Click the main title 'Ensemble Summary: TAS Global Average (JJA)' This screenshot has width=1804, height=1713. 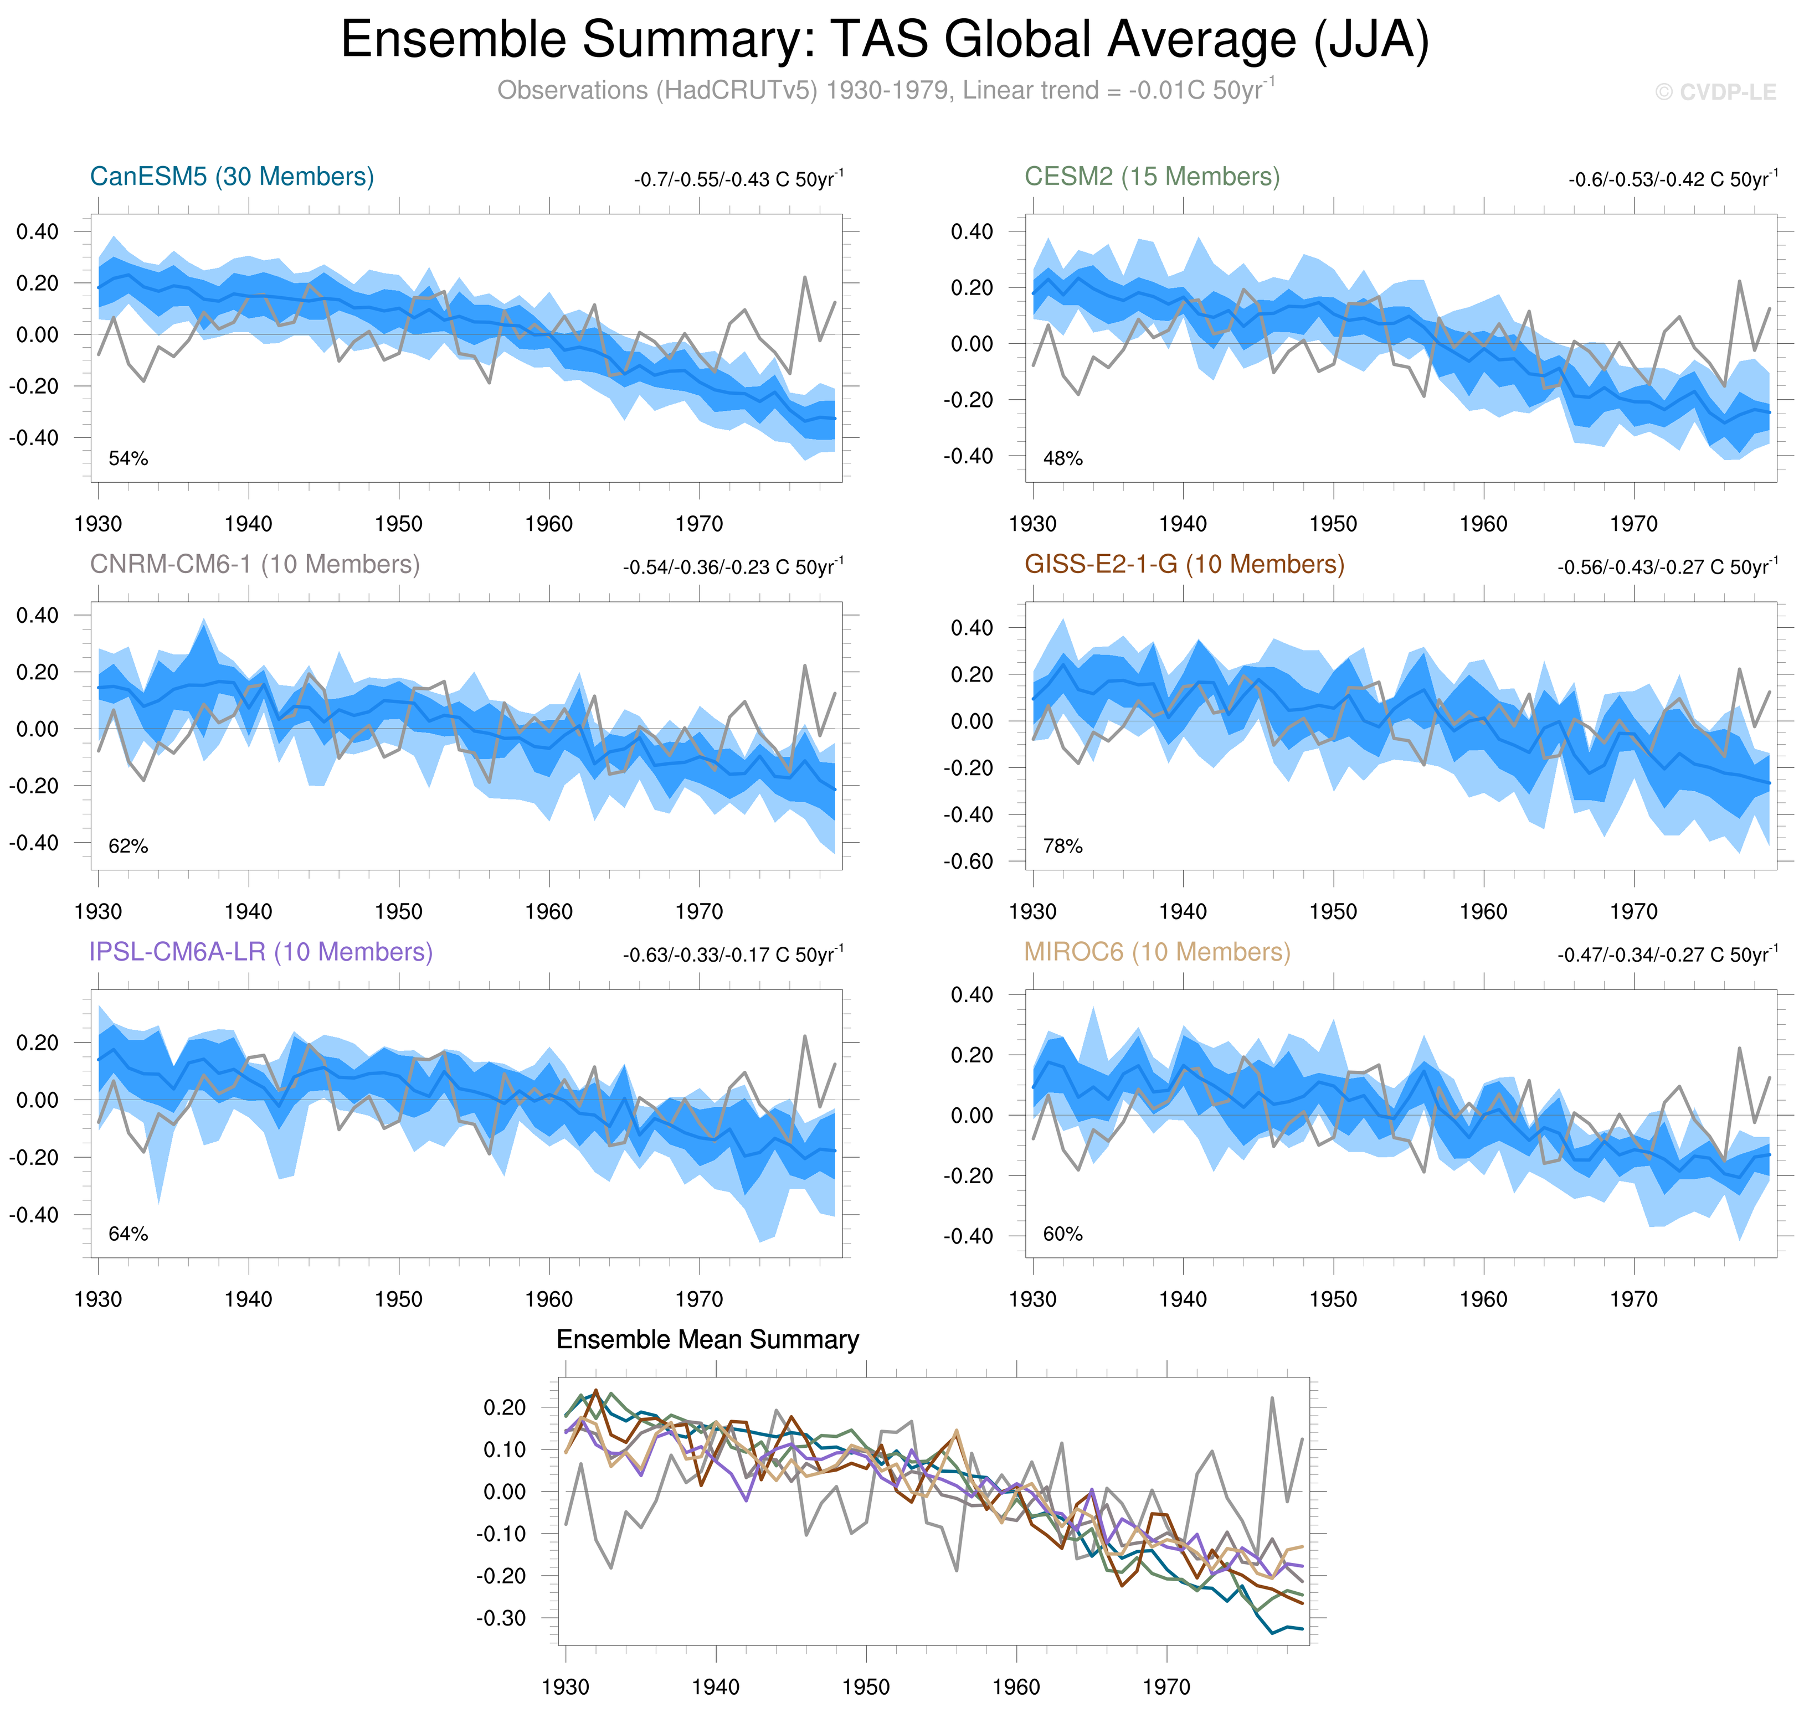(x=884, y=40)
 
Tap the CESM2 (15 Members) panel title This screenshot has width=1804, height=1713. (x=1152, y=176)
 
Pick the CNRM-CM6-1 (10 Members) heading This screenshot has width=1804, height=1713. (x=255, y=564)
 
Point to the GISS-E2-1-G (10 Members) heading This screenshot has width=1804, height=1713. (x=1184, y=564)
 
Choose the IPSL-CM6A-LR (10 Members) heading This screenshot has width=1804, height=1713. (x=260, y=952)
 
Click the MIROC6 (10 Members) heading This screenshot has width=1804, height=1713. (x=1157, y=952)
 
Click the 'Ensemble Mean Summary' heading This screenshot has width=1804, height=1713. (x=708, y=1339)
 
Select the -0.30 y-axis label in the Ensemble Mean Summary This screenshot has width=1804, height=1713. (x=501, y=1618)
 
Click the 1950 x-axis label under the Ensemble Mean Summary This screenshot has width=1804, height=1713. (x=866, y=1686)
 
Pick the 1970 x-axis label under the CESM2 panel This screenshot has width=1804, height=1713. (x=1633, y=524)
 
